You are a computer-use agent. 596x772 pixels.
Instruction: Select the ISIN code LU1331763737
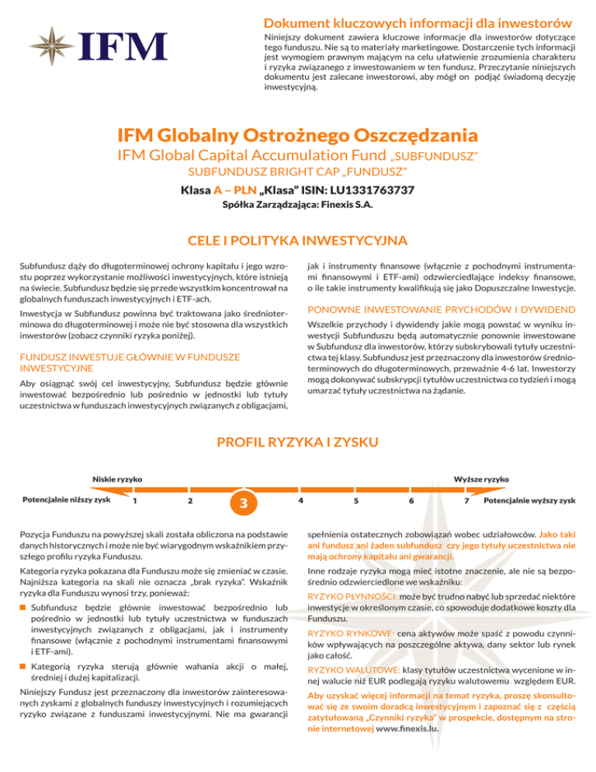(364, 190)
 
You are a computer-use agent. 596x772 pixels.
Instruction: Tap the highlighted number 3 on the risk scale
(244, 503)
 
